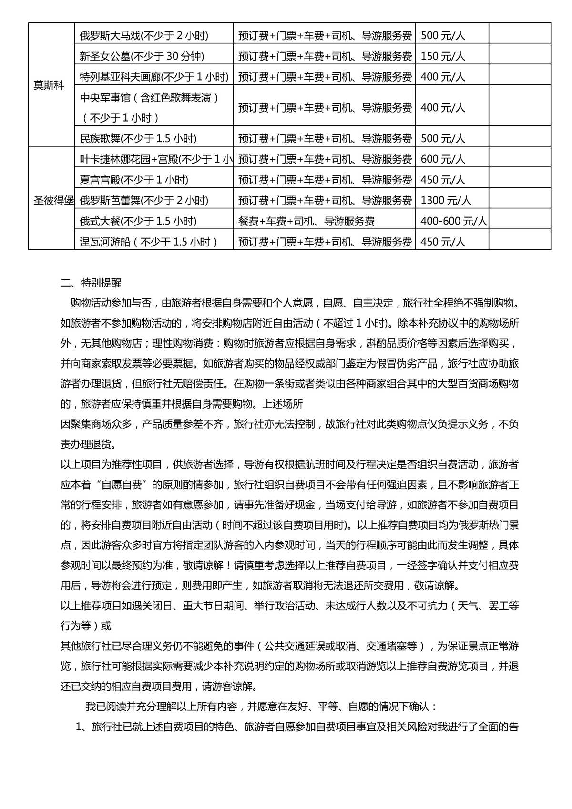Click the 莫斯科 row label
(49, 86)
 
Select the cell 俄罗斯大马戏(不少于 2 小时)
(144, 36)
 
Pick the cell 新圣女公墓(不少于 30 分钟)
(142, 56)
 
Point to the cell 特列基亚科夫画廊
(154, 77)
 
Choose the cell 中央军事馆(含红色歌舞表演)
(149, 98)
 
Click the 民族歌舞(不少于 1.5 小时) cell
(138, 139)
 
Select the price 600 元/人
(443, 159)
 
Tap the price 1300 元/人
(446, 201)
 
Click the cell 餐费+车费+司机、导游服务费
(306, 221)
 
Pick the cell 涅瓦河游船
(149, 242)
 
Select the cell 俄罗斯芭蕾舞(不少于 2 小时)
(144, 201)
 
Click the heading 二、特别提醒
(91, 283)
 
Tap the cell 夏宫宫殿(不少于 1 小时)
(134, 180)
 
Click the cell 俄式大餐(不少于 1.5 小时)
(138, 221)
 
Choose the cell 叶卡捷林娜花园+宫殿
(156, 159)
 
